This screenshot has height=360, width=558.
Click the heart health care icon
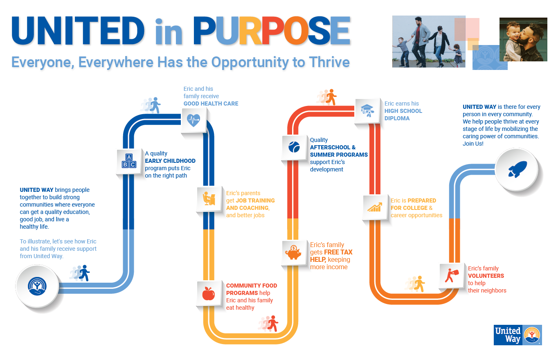click(x=193, y=120)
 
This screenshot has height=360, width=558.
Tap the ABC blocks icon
click(x=129, y=161)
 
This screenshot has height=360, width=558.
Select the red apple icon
click(x=209, y=293)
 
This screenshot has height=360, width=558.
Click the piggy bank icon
click(x=293, y=252)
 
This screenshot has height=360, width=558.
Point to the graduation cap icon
click(x=367, y=110)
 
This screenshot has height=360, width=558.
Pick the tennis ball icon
click(x=294, y=147)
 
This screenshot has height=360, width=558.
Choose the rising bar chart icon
click(x=375, y=207)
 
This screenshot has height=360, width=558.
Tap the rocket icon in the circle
click(x=517, y=169)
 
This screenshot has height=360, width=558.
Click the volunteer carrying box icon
click(x=452, y=275)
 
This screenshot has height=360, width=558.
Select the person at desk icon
click(x=209, y=198)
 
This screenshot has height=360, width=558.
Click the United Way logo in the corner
click(x=517, y=335)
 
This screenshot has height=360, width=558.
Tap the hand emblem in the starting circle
click(x=37, y=286)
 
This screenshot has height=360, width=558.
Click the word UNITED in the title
click(x=78, y=31)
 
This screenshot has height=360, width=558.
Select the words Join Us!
click(x=473, y=144)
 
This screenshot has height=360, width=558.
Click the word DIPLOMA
click(x=397, y=118)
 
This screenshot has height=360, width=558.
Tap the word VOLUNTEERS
click(x=486, y=276)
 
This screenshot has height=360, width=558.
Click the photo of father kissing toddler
click(x=523, y=39)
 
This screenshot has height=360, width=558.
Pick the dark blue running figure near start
click(x=85, y=273)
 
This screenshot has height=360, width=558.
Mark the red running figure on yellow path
click(x=273, y=323)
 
